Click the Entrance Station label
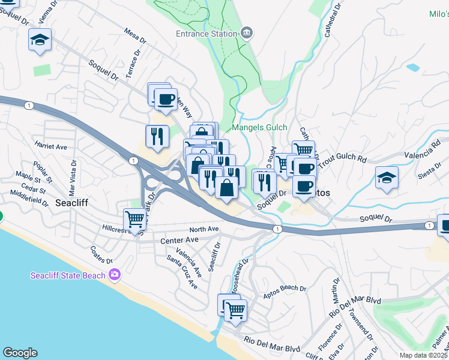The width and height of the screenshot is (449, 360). (x=206, y=34)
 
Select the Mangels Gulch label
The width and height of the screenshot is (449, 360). (x=259, y=128)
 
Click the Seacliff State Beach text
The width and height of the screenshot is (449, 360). (x=68, y=275)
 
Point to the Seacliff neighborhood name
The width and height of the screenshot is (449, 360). (x=71, y=203)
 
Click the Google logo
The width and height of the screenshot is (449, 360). (x=19, y=353)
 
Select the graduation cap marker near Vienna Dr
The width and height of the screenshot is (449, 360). (x=40, y=41)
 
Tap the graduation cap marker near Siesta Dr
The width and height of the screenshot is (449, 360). (x=387, y=177)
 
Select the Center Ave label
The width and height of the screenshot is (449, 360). (x=179, y=241)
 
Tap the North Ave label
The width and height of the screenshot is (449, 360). (x=204, y=229)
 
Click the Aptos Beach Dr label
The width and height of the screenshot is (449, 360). (x=285, y=288)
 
